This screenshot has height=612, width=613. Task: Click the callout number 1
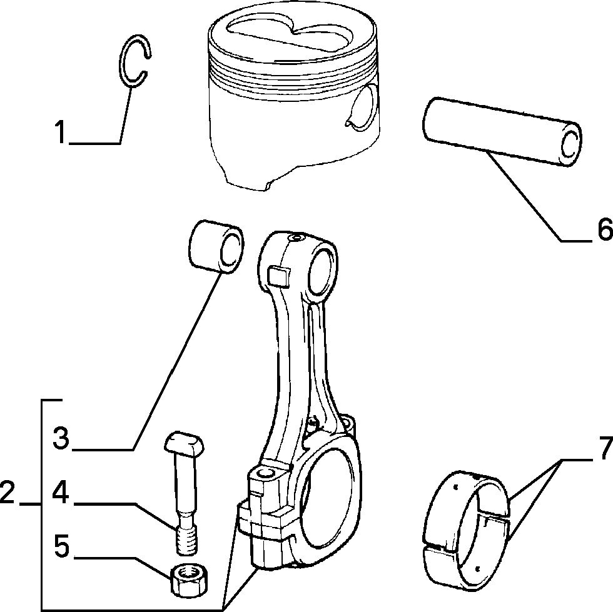click(x=60, y=132)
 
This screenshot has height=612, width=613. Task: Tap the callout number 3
click(x=61, y=438)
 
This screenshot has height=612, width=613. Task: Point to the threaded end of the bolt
click(x=186, y=540)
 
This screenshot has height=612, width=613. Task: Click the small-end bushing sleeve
click(x=216, y=246)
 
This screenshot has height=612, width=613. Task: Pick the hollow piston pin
click(x=502, y=131)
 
